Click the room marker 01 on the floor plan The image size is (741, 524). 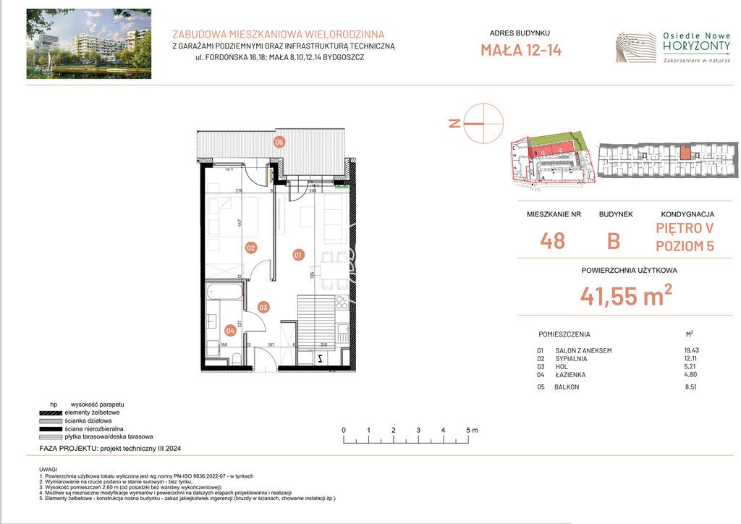299,255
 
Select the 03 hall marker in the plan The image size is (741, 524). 264,307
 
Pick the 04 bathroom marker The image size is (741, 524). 230,331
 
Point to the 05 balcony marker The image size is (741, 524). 279,142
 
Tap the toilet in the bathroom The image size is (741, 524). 214,348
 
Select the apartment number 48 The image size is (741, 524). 552,240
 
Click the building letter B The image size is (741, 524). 613,241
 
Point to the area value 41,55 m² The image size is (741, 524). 625,295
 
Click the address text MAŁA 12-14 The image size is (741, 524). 520,50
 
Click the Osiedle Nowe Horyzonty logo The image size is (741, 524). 672,47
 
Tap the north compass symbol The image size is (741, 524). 482,124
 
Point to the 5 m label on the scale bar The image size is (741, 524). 472,430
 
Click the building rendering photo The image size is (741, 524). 89,43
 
